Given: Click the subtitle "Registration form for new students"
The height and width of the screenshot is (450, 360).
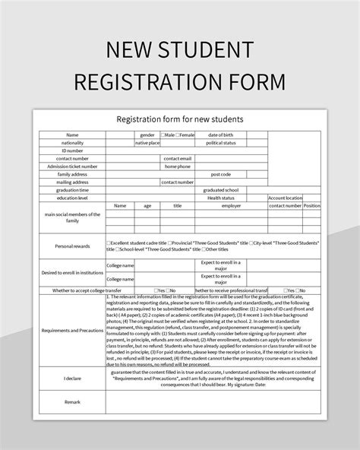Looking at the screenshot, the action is pos(179,119).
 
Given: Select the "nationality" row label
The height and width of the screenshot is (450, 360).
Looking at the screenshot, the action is pos(72,143).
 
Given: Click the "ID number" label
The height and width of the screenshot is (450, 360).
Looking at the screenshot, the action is pos(72,151).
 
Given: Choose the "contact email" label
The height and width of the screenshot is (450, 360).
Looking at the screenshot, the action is pos(178,158).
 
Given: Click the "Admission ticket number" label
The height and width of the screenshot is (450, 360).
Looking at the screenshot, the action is pos(72,166).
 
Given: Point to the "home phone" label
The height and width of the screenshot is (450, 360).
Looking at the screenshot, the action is pos(178,166).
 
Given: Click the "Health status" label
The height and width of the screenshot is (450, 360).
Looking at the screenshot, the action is pos(221,198).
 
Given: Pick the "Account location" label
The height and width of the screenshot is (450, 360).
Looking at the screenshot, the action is pos(285,198).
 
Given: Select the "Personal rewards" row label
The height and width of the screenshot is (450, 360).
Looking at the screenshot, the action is pos(72,246).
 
